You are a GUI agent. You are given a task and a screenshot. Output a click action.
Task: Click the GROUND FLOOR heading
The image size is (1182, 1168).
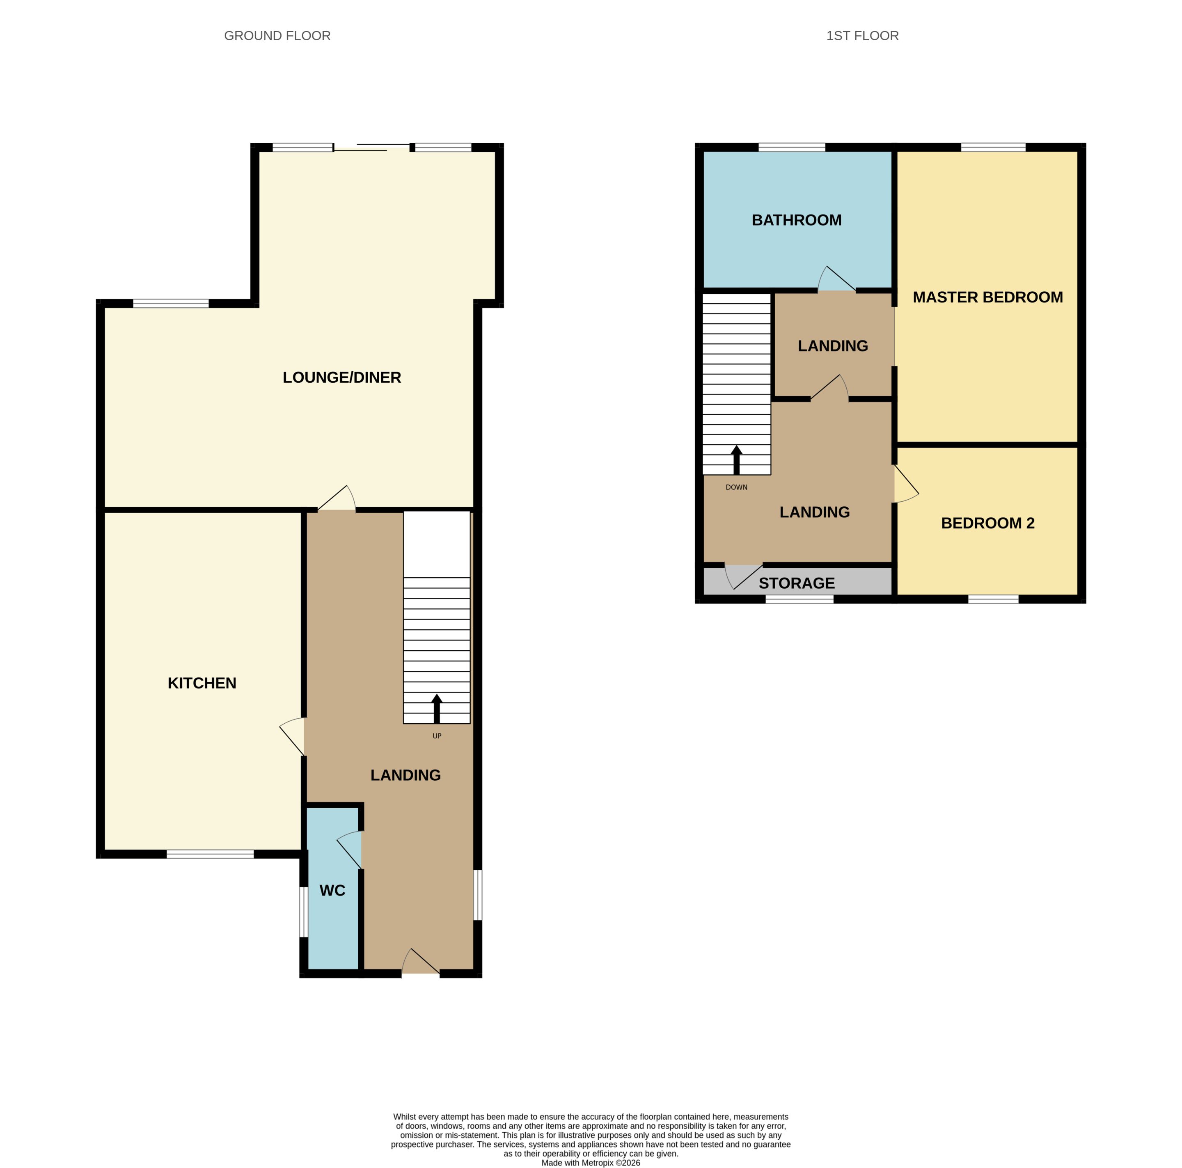coord(277,35)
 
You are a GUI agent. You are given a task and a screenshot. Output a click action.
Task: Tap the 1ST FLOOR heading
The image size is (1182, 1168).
coord(862,35)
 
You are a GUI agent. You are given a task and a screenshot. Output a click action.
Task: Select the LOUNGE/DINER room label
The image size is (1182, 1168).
coord(341,377)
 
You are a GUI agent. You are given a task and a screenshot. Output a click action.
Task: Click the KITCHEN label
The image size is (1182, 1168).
coord(202,683)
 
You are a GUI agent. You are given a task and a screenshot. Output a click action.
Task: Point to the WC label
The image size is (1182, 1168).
coord(332,890)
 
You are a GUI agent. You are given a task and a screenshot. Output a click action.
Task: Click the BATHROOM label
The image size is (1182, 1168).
coord(797,220)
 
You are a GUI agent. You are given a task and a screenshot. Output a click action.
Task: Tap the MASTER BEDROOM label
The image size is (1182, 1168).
coord(987,297)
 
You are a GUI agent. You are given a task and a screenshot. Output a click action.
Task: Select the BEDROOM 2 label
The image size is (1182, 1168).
coord(987,523)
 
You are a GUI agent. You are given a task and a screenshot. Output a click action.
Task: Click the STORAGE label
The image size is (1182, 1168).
coord(797,583)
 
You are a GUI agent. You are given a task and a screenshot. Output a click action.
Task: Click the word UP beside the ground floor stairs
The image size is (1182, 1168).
coord(437,736)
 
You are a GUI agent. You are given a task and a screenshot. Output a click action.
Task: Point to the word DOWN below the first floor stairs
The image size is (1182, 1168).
coord(737,487)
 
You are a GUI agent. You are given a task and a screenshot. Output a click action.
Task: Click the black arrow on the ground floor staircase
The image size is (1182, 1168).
coord(437,709)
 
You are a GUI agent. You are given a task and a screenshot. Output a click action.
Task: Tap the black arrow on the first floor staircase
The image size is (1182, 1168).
coord(737,460)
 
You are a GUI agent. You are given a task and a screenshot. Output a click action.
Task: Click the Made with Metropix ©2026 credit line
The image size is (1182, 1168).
coord(591,1163)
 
